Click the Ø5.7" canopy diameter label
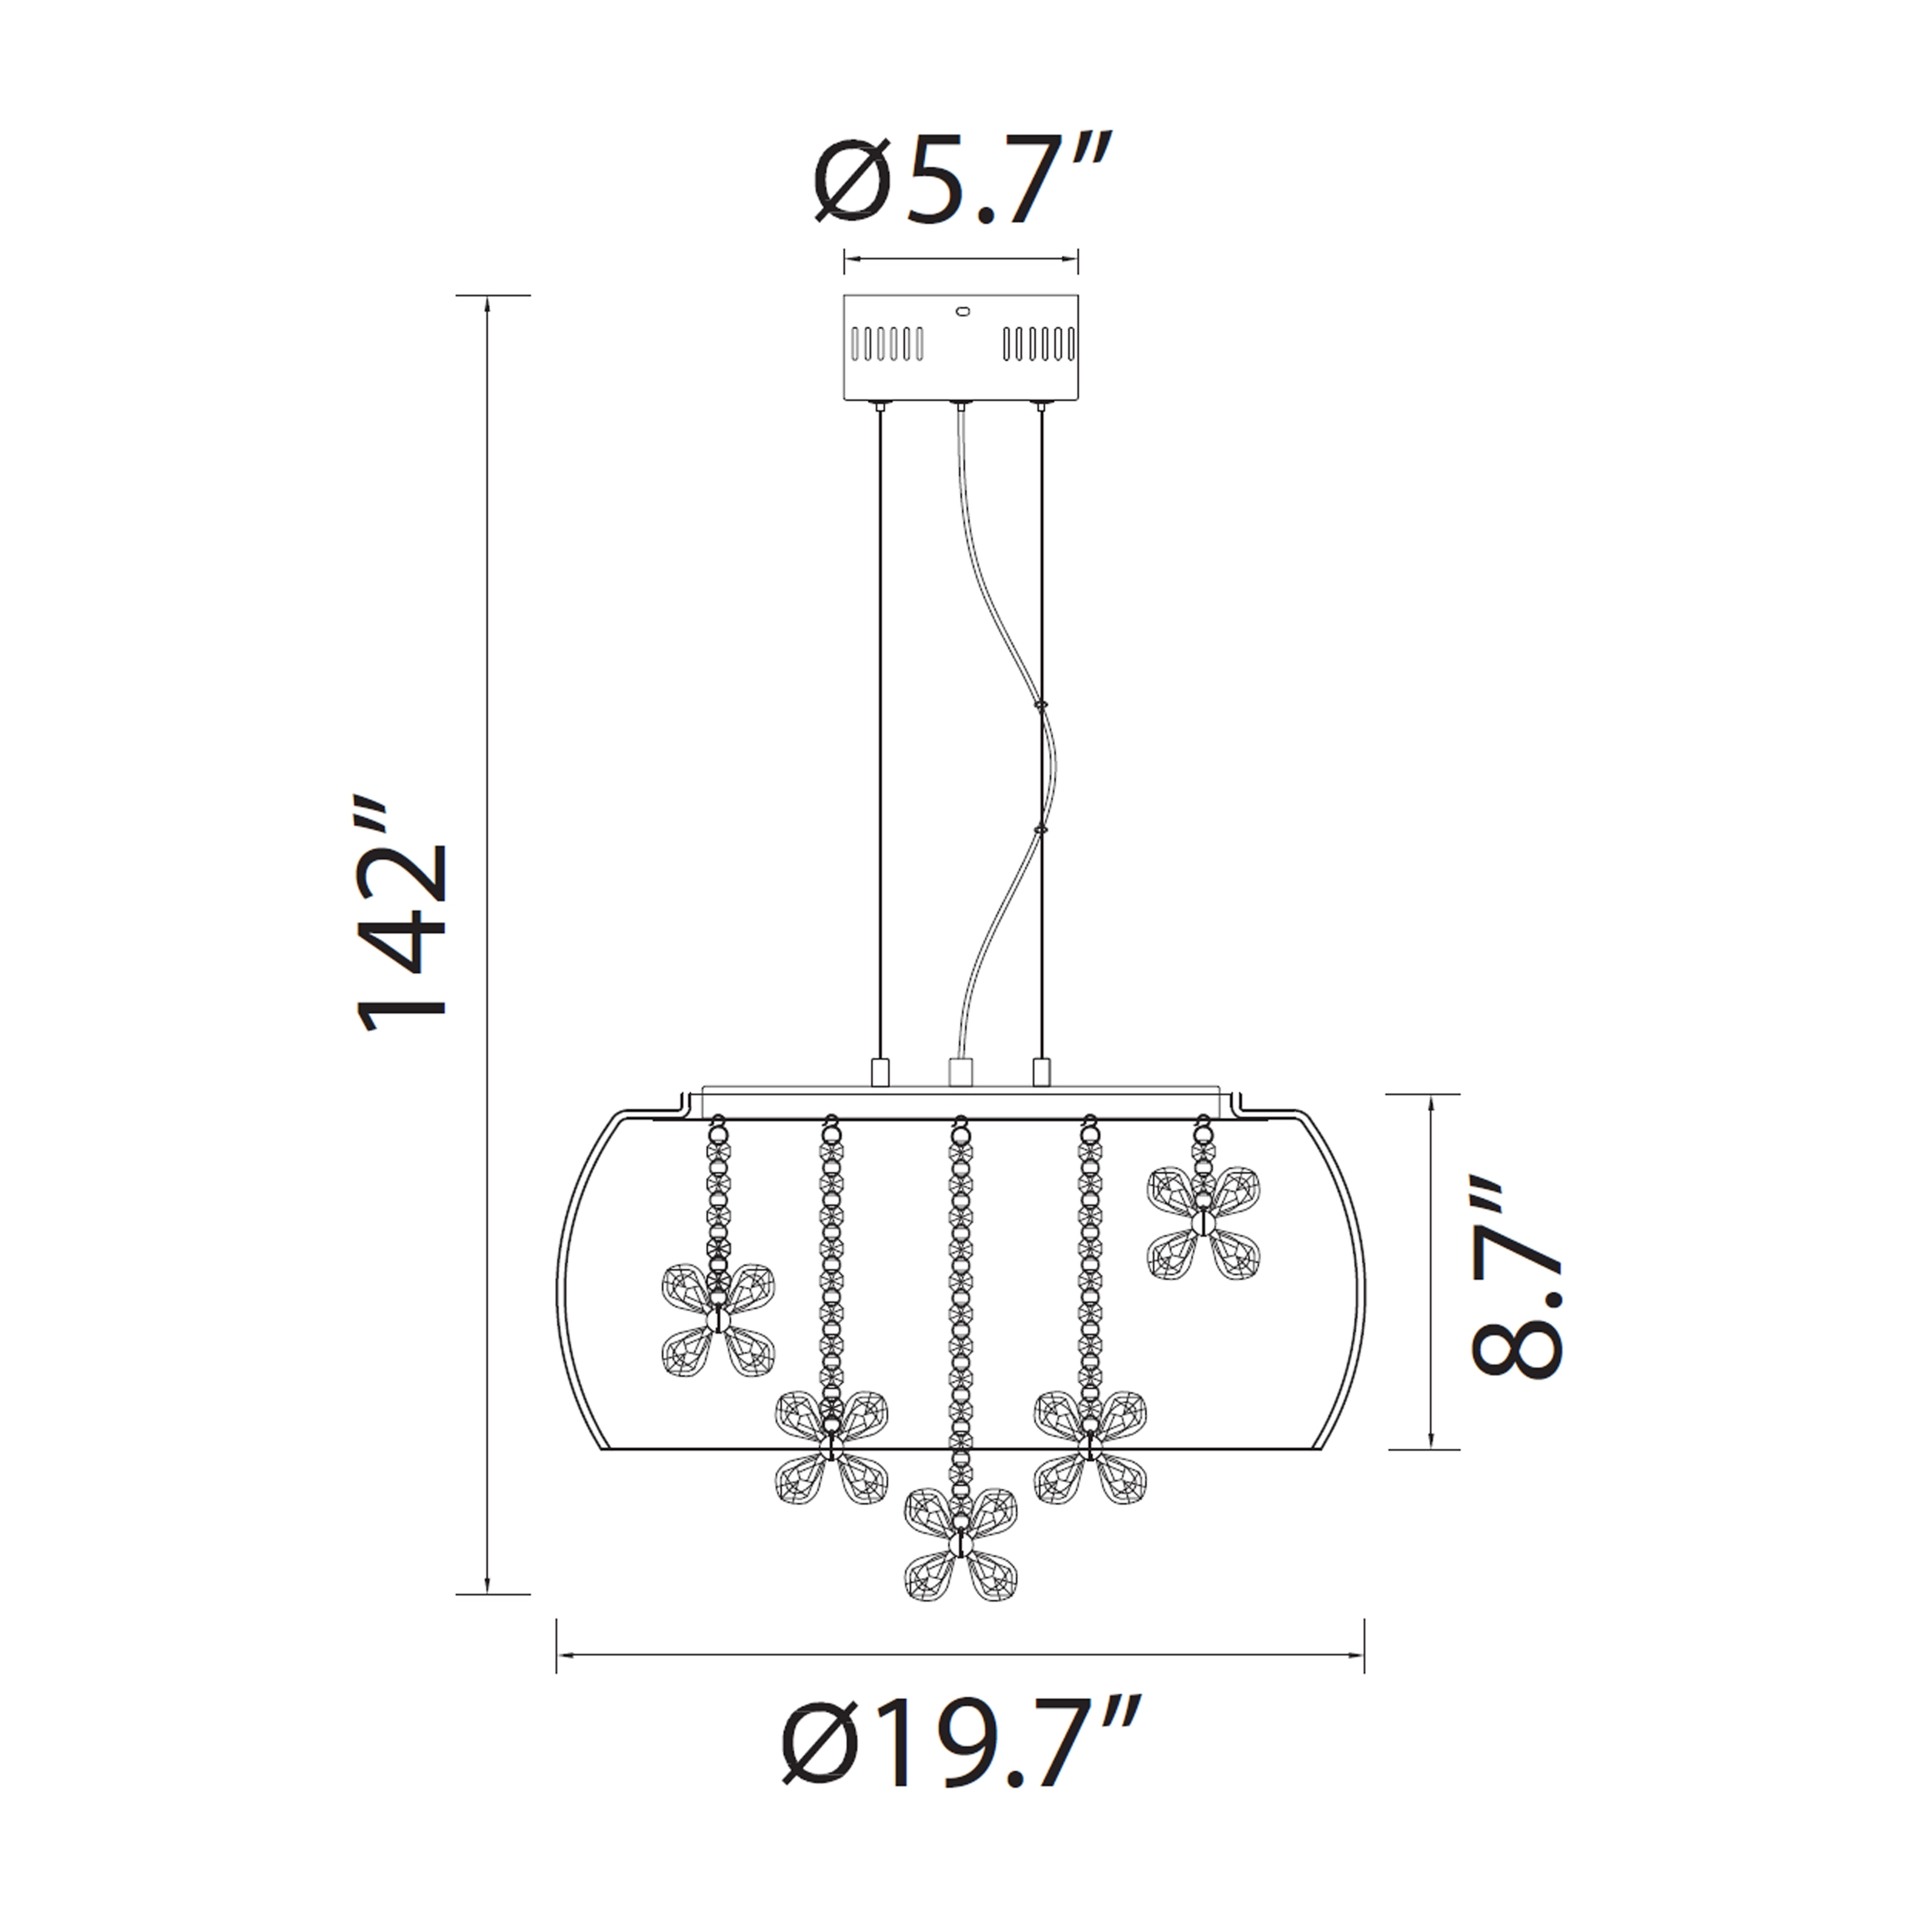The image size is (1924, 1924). click(x=961, y=180)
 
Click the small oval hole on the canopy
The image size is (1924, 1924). click(x=962, y=312)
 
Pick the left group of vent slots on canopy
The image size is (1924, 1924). click(x=887, y=343)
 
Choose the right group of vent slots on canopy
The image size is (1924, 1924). click(x=1039, y=343)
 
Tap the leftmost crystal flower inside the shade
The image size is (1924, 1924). click(x=718, y=1321)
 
